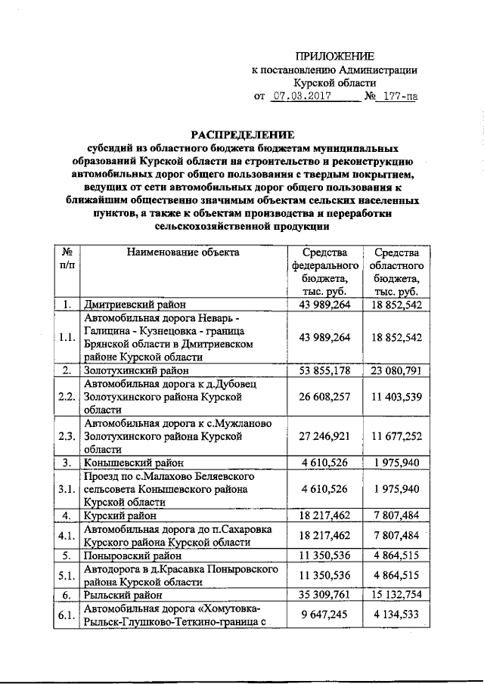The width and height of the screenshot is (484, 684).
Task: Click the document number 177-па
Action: pyautogui.click(x=399, y=97)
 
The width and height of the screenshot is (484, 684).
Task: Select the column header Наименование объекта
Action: pyautogui.click(x=183, y=252)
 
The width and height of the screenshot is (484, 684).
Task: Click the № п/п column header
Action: pyautogui.click(x=67, y=259)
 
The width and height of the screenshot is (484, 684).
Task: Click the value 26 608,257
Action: pyautogui.click(x=324, y=397)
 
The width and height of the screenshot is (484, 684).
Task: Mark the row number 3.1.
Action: pyautogui.click(x=67, y=490)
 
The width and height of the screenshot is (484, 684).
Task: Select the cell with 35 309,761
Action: pyautogui.click(x=324, y=596)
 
